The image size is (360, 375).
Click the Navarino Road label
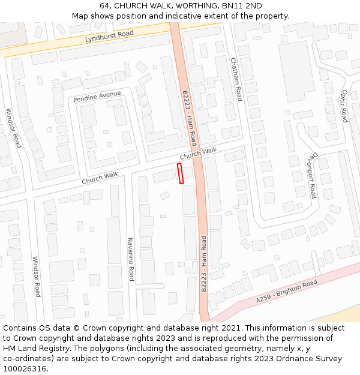130,259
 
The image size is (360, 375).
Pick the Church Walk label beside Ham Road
198,155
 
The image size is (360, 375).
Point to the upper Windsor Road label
13,128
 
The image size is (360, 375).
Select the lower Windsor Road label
36,277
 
